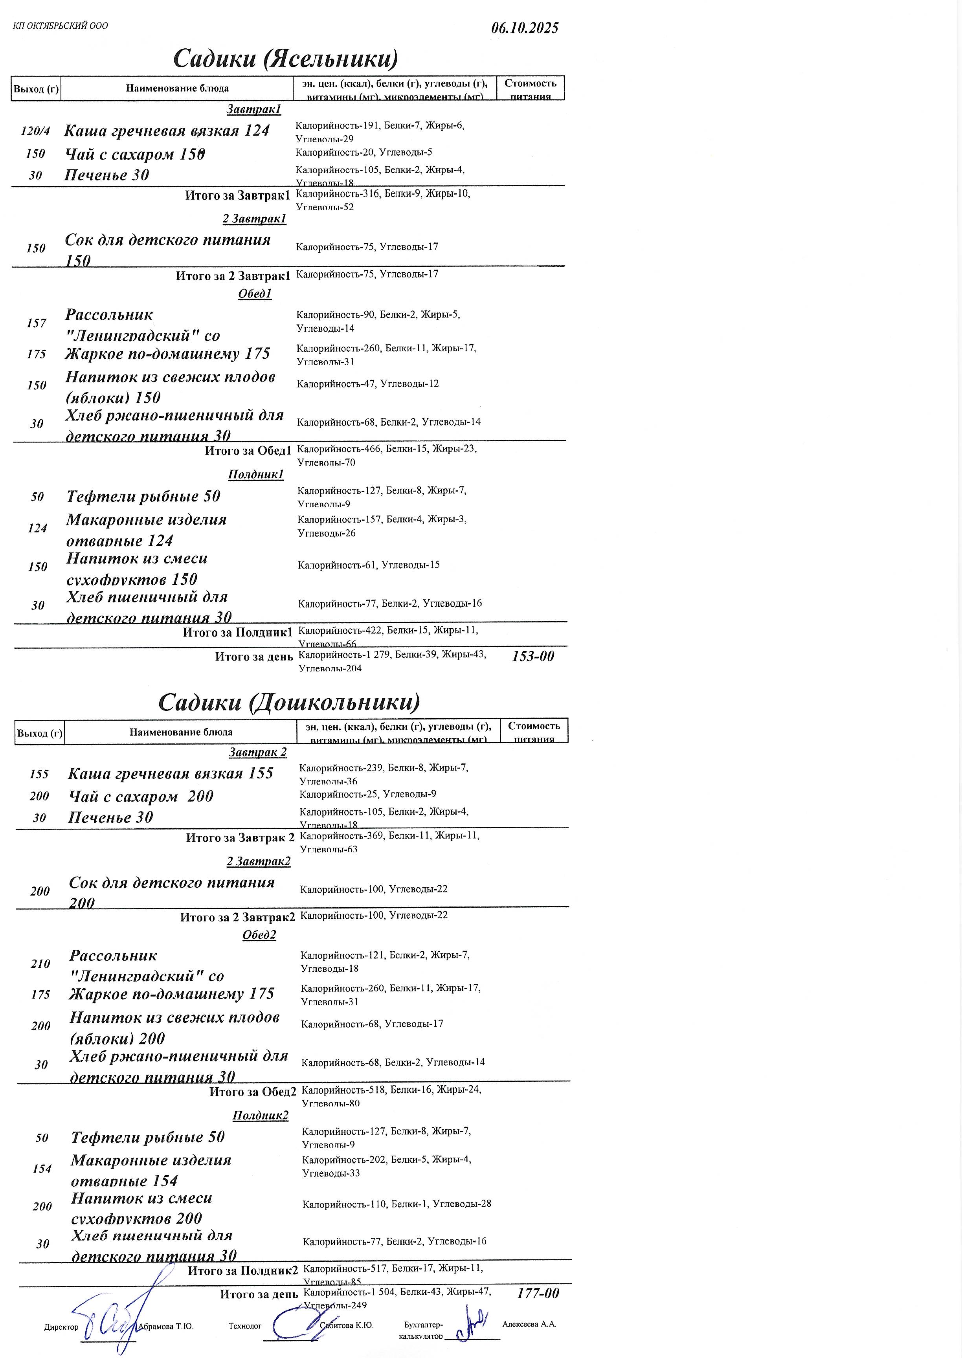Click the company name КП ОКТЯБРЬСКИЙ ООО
click(61, 26)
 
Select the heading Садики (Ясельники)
click(286, 59)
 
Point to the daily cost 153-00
click(532, 656)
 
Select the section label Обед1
click(255, 294)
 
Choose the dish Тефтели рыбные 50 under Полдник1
click(143, 496)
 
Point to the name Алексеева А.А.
click(529, 1324)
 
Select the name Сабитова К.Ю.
click(347, 1325)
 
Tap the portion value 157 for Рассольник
click(36, 323)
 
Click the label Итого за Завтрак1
click(237, 195)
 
